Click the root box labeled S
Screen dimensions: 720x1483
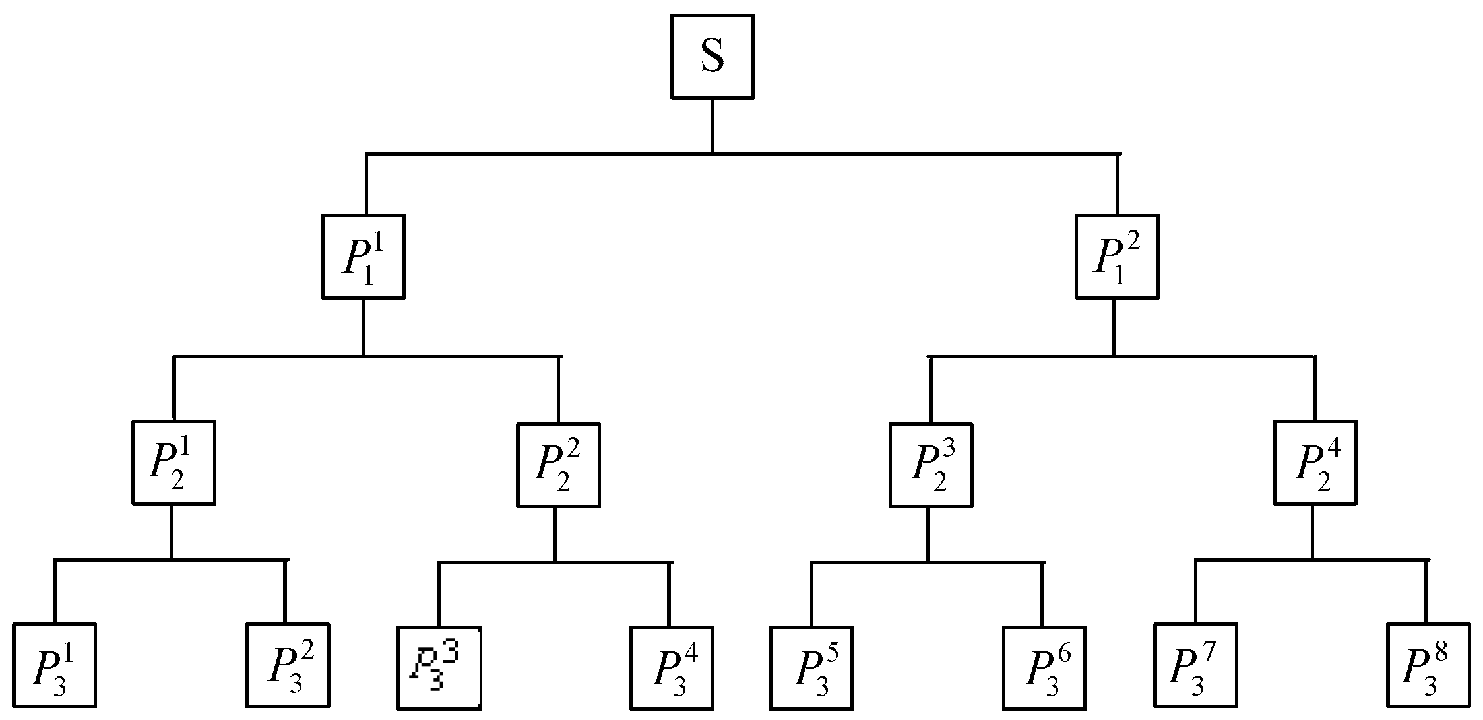click(712, 57)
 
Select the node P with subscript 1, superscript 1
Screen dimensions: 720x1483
click(363, 256)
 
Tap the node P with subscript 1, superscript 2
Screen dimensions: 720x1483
click(1117, 256)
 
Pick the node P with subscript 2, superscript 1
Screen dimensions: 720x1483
click(174, 463)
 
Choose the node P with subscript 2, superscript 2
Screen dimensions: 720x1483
click(558, 465)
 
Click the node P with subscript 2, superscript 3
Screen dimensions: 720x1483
click(930, 465)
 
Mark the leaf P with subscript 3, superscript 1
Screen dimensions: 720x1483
click(55, 665)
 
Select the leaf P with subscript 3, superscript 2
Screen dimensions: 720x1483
click(288, 665)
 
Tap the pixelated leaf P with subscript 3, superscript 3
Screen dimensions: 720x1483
click(439, 668)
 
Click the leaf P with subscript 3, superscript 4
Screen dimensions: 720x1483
click(672, 668)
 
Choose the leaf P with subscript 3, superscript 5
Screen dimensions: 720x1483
click(811, 668)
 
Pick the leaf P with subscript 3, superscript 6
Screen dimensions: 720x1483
click(1044, 668)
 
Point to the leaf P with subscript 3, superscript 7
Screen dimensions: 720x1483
click(1195, 665)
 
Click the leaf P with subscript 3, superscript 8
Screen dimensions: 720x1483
click(1428, 665)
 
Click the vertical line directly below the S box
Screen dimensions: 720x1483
click(712, 125)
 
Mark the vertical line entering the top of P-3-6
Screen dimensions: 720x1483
click(1042, 594)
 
